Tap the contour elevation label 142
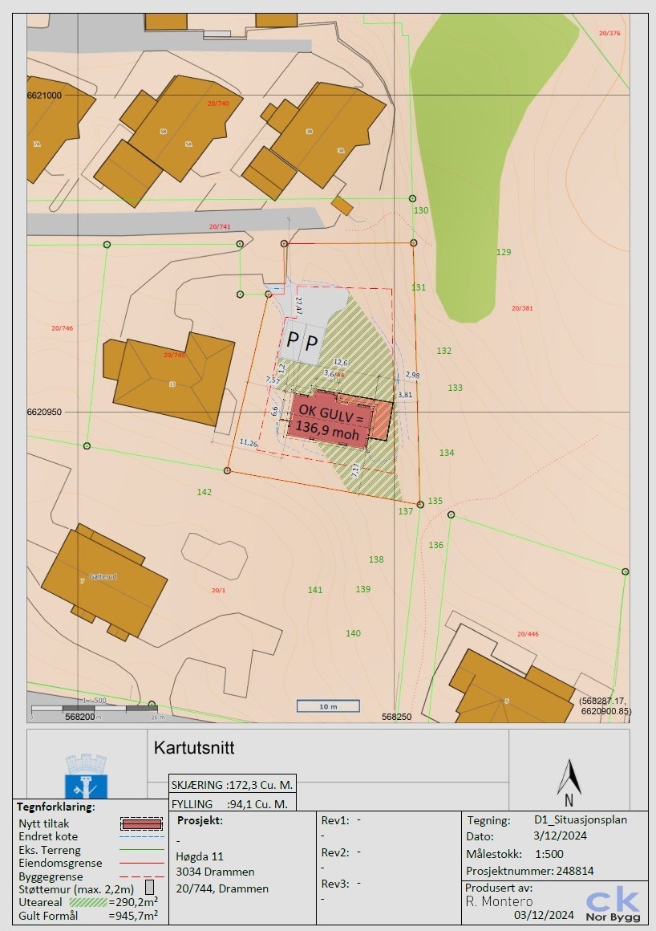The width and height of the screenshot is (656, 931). (x=204, y=492)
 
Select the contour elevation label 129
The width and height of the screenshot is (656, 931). (x=504, y=252)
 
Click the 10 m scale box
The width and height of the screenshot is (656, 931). (x=328, y=706)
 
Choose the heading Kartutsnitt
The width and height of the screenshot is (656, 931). (x=194, y=748)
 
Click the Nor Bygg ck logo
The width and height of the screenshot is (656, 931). (x=613, y=904)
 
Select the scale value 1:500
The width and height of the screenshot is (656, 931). (x=549, y=854)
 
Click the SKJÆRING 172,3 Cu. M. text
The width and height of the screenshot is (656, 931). (x=233, y=784)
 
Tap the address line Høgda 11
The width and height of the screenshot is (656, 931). (x=200, y=856)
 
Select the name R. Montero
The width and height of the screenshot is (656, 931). (x=499, y=901)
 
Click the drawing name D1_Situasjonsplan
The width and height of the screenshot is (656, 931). (x=581, y=820)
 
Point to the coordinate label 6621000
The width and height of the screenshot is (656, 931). (x=44, y=95)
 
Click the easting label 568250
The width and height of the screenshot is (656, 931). (x=396, y=717)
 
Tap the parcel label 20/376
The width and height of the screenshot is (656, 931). (x=609, y=33)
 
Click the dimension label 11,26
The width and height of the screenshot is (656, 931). (x=248, y=443)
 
